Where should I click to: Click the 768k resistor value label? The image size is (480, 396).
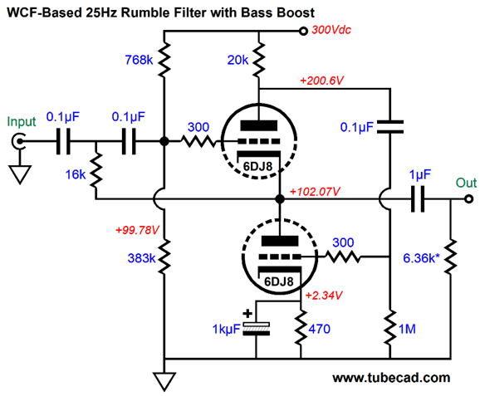tap(139, 60)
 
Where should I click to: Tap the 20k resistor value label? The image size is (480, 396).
tap(238, 60)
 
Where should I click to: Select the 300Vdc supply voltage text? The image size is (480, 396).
tap(331, 30)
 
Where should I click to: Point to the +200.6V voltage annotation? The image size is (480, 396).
tap(321, 81)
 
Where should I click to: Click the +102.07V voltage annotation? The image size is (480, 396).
tap(315, 192)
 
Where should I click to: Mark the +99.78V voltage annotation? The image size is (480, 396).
tap(137, 230)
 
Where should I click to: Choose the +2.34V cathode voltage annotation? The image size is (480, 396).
tap(324, 296)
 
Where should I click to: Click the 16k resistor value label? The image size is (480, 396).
tap(76, 174)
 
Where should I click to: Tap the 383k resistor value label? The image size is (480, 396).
tap(141, 258)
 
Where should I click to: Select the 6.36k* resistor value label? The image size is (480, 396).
tap(421, 258)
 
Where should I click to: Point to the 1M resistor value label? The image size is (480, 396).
tap(407, 329)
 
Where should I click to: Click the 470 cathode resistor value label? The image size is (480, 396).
tap(319, 329)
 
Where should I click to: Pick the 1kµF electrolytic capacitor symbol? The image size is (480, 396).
tap(256, 329)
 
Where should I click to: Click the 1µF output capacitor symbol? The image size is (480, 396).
tap(418, 199)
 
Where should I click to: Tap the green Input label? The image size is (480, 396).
tap(22, 122)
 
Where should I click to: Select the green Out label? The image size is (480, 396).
tap(466, 183)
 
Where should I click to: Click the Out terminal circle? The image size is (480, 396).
tap(468, 199)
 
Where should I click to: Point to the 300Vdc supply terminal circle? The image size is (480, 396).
tap(303, 31)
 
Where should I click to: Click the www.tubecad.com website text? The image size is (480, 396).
tap(391, 378)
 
